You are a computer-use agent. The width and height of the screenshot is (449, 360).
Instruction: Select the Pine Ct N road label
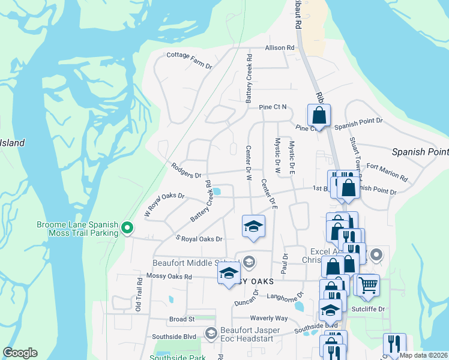coord(273,107)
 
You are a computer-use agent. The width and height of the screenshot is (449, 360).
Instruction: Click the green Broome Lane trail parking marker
coord(127,228)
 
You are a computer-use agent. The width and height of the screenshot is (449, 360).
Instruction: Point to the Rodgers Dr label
coord(186,171)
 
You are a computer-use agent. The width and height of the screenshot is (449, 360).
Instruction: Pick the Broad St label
coord(182,319)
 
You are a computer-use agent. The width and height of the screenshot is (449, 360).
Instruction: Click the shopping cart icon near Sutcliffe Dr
coord(368,284)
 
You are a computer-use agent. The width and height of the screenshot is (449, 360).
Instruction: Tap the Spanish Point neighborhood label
coord(420,152)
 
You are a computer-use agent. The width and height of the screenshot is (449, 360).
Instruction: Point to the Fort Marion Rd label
coord(387,172)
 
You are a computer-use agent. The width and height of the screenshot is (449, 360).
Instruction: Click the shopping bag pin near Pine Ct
coord(319,115)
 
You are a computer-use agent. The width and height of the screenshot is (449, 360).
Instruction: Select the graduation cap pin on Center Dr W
coord(253,226)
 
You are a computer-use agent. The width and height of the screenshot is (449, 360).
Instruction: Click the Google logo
coord(20,353)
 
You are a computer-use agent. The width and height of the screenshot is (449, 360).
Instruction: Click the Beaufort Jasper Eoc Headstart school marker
coord(211,332)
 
